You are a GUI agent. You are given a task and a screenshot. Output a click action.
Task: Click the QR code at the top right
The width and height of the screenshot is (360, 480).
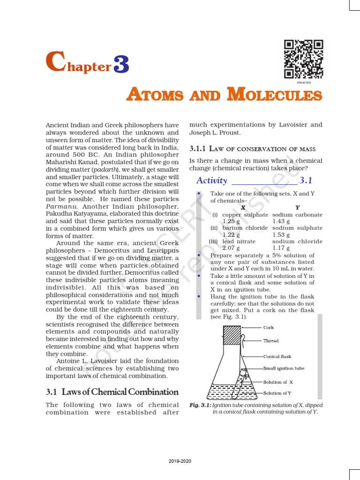pyautogui.click(x=304, y=59)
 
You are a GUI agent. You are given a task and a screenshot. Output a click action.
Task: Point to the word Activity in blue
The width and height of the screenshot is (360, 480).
pyautogui.click(x=211, y=180)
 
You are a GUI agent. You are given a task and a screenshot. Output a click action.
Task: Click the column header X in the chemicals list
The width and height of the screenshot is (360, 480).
pyautogui.click(x=243, y=207)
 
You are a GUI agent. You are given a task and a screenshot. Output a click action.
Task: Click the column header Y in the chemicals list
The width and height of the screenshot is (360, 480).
pyautogui.click(x=298, y=207)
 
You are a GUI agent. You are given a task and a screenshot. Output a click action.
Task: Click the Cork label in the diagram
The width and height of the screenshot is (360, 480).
pyautogui.click(x=269, y=328)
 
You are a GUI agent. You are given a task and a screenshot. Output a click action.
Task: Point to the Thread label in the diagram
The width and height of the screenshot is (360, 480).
pyautogui.click(x=271, y=341)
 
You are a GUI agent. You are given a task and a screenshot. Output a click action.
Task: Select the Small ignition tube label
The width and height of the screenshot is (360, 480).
pyautogui.click(x=284, y=368)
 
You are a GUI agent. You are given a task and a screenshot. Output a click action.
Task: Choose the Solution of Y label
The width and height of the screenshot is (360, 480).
pyautogui.click(x=278, y=393)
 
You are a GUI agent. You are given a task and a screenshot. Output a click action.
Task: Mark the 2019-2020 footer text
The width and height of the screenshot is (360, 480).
pyautogui.click(x=180, y=461)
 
